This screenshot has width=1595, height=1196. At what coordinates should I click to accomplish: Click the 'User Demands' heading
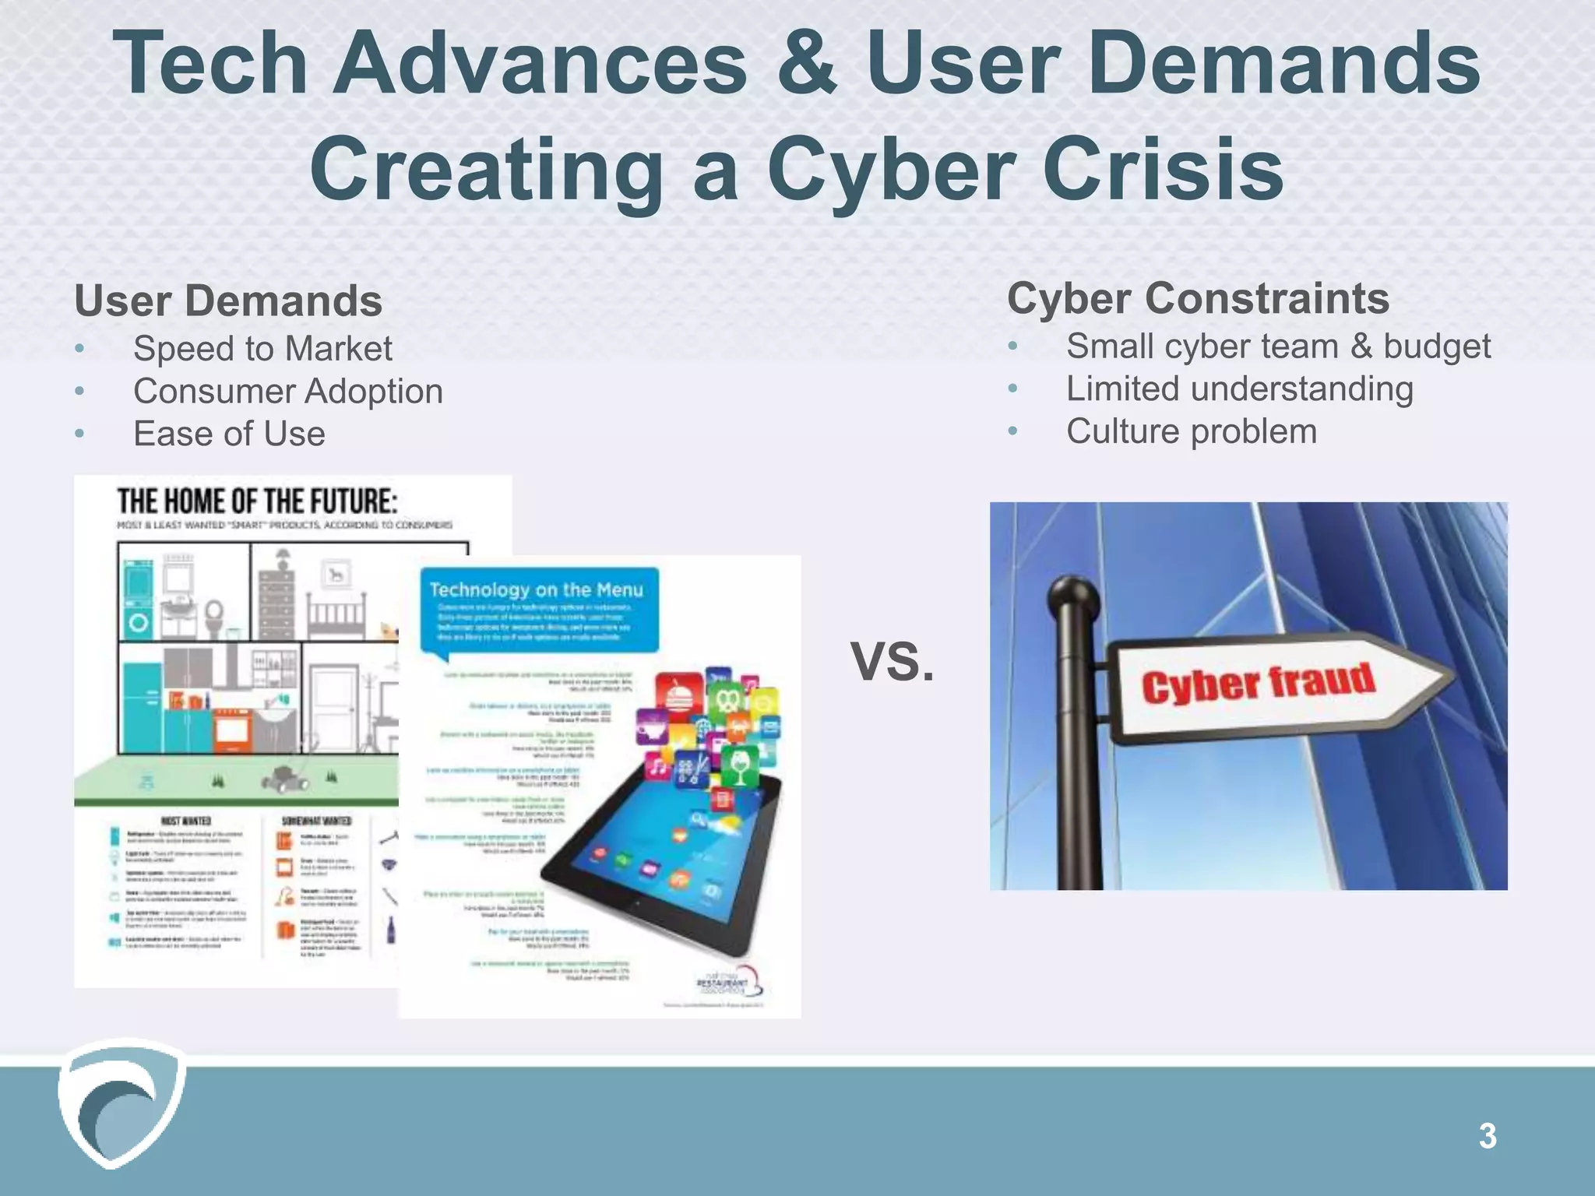(228, 301)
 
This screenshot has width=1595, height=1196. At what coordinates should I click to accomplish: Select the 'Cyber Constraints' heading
(1198, 298)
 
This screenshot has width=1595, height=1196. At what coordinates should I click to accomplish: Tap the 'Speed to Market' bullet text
(262, 348)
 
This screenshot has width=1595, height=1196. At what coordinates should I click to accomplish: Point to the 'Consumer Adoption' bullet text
(287, 391)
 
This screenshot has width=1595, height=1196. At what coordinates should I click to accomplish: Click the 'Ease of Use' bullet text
(229, 434)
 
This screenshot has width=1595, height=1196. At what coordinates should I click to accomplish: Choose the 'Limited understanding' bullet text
(1239, 389)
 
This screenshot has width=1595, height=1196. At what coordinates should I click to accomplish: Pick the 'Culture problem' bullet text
(1192, 431)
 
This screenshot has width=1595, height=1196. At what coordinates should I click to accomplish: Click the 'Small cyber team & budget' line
(1278, 346)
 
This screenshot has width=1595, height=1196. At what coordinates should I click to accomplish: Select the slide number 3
(1488, 1136)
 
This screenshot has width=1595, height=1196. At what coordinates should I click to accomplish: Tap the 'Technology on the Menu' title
(537, 589)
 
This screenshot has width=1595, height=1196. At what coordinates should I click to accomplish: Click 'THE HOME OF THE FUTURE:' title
(257, 501)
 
